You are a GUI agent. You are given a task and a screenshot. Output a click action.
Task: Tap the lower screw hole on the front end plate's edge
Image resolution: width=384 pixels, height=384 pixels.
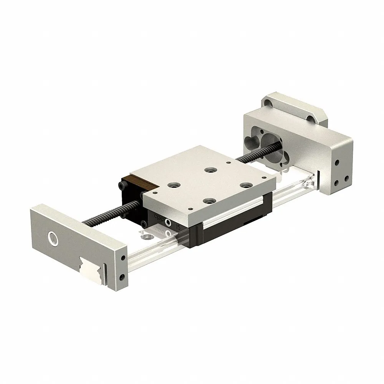122,276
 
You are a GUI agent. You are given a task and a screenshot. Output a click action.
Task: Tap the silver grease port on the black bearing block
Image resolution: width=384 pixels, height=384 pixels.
168,223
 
